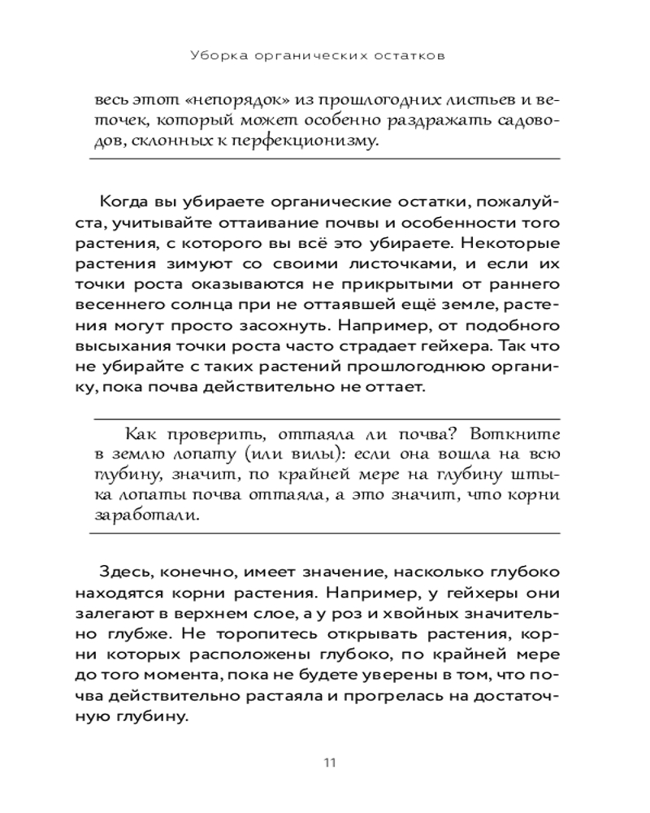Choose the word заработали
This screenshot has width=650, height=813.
(146, 516)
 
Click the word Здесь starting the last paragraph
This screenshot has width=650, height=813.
(124, 573)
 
